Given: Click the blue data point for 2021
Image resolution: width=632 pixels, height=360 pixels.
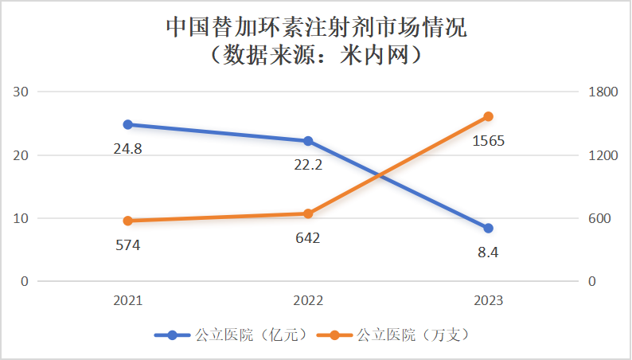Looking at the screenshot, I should (127, 124).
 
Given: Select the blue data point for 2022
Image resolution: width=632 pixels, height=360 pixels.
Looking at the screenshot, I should (308, 141).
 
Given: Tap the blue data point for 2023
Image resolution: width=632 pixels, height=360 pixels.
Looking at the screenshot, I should (489, 229).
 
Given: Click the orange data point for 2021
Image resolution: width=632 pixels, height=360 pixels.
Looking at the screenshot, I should (127, 221).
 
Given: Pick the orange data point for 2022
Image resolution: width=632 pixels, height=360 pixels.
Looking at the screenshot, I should (308, 213).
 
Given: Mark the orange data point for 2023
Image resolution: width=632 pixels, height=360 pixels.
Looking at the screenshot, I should (489, 116).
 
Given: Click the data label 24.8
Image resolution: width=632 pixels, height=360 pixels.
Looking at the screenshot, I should (127, 148).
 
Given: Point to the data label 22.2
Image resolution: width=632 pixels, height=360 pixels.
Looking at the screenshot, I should (308, 165).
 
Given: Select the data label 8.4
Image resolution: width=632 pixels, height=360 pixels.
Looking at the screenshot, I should (489, 252).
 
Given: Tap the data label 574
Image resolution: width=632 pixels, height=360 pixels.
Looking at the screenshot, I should (127, 245).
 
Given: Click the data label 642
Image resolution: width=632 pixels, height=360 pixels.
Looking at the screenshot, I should (308, 238).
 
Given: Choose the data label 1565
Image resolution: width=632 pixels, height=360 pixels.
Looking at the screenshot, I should (489, 141).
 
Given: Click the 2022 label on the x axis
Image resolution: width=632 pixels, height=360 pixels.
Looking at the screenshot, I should (308, 301).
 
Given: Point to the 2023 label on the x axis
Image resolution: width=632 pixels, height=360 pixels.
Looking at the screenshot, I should (489, 301).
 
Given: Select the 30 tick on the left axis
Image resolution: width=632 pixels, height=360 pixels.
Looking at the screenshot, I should (21, 92).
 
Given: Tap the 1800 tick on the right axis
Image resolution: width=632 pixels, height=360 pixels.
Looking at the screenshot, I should (603, 92).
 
